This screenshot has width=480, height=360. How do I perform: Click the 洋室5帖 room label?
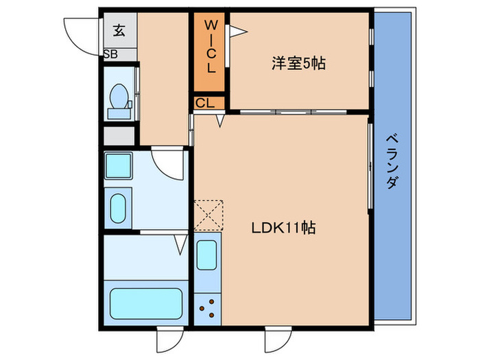298,64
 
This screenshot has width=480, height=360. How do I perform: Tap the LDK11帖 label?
282,228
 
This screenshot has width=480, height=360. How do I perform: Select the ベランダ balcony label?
393,161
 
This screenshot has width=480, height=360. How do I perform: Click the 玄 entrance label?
119,29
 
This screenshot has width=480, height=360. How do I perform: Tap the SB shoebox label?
110,54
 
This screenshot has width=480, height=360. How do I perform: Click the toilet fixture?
121,101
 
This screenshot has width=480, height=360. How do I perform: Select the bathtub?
146,302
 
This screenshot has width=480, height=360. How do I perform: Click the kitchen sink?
207,254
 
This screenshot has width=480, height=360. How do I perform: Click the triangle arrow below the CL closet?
220,121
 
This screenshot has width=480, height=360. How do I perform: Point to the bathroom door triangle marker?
180,242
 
